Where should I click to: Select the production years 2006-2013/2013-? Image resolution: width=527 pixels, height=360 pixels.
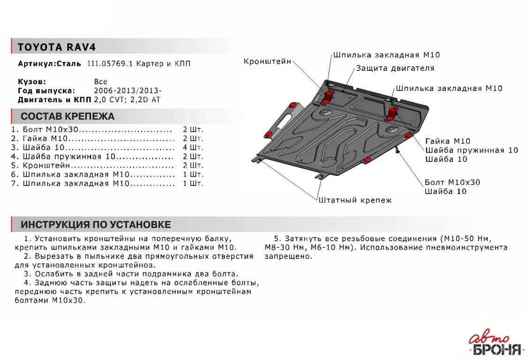[128, 91]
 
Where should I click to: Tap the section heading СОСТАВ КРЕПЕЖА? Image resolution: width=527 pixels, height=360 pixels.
[67, 116]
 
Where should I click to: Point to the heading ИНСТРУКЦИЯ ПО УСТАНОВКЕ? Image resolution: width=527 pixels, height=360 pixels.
[96, 224]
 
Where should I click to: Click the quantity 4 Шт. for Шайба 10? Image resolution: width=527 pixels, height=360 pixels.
[193, 147]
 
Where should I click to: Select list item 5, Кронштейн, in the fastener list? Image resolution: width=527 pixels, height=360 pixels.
[47, 166]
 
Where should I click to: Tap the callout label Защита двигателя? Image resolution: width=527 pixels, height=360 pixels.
[395, 68]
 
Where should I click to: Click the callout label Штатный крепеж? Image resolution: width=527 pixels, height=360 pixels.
[355, 200]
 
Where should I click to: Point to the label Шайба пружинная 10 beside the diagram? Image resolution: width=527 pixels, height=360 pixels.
[471, 150]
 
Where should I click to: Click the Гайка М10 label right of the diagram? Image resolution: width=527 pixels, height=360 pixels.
[448, 141]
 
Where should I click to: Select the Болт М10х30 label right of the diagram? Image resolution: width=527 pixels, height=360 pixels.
[452, 182]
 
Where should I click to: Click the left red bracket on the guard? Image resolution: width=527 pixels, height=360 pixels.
[327, 95]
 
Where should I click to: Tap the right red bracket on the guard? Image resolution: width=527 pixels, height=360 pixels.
[393, 112]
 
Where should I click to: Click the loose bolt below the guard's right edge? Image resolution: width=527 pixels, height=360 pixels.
[397, 149]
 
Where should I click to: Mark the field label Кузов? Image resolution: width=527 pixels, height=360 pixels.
[31, 82]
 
